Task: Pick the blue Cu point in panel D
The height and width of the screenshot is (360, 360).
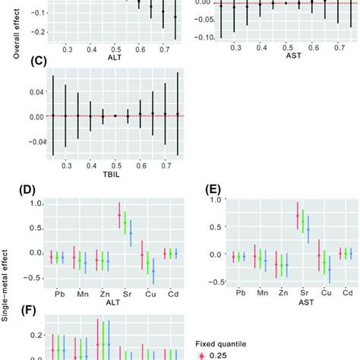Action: pyautogui.click(x=153, y=270)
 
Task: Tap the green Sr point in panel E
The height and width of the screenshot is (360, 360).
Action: pyautogui.click(x=302, y=222)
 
